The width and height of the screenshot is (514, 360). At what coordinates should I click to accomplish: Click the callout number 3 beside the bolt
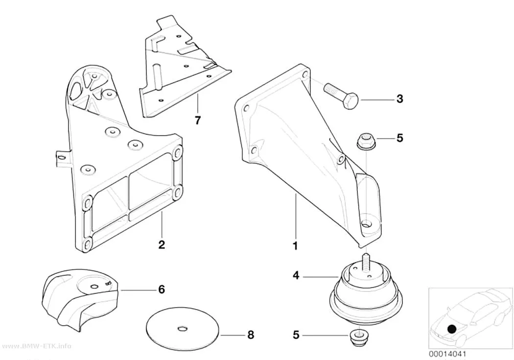click(x=399, y=98)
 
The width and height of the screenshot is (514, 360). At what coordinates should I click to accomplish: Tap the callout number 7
click(x=197, y=120)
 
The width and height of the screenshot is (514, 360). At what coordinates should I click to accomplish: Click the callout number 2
click(x=162, y=244)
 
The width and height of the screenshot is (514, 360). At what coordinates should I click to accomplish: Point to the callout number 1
click(x=295, y=245)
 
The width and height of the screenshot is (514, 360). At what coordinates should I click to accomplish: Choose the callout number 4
click(x=296, y=275)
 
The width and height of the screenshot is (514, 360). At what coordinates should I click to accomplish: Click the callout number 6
click(x=161, y=289)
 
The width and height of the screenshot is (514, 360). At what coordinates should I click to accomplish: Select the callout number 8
click(x=251, y=335)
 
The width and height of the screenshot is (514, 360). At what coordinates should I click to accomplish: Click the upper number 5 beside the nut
click(x=399, y=138)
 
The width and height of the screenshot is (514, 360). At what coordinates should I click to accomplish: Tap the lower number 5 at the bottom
click(x=296, y=335)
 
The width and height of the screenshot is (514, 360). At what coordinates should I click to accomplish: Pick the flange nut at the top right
click(x=365, y=141)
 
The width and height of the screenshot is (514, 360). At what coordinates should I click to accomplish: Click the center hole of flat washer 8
click(x=182, y=328)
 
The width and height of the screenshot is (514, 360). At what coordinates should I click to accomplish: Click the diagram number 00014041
click(x=447, y=354)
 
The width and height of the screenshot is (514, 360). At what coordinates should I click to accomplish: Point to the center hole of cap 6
click(x=94, y=287)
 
